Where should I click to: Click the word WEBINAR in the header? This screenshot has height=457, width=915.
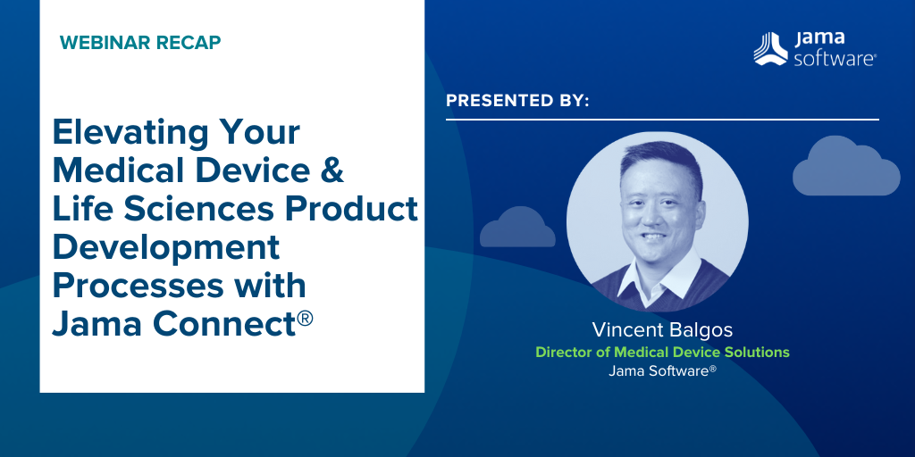point(98,43)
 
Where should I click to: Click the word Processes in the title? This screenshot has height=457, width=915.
point(138,286)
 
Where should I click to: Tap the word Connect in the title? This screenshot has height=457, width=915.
point(229,323)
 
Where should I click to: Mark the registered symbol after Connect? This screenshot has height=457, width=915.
point(306,318)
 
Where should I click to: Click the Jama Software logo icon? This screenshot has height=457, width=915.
point(770,49)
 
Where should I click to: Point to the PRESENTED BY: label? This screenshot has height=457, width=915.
point(517,101)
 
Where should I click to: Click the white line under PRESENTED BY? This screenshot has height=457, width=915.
point(662,120)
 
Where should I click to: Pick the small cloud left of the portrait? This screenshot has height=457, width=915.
point(517,228)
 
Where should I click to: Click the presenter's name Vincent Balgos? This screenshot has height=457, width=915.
point(662,330)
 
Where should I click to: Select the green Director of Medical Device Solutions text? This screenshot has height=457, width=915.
point(662,352)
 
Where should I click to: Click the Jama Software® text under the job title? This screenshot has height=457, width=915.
point(662,370)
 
